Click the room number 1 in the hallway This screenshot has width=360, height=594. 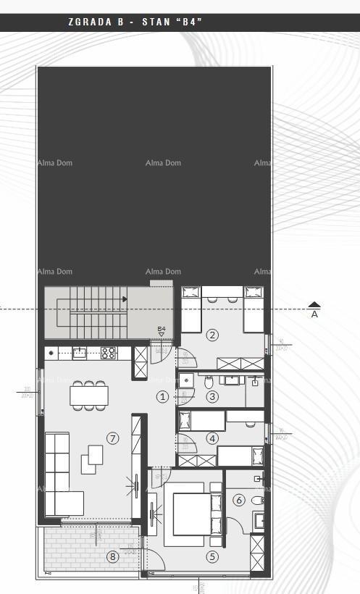162,396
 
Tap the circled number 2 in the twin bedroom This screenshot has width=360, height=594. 212,335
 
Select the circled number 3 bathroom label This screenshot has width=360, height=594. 212,396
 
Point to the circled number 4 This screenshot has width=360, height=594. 212,438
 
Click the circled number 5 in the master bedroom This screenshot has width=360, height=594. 212,556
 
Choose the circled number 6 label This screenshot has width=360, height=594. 239,500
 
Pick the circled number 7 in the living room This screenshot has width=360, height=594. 112,438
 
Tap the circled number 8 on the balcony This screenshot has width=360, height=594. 112,556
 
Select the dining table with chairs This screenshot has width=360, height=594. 89,395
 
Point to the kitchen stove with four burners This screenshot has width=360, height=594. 109,353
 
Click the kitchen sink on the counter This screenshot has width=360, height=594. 80,353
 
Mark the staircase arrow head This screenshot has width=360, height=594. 125,298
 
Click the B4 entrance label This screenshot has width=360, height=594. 162,330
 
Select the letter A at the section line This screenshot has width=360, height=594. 314,315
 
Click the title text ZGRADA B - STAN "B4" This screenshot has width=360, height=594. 135,22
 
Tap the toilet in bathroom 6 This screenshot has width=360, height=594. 258,501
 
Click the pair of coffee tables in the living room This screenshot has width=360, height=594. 92,459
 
